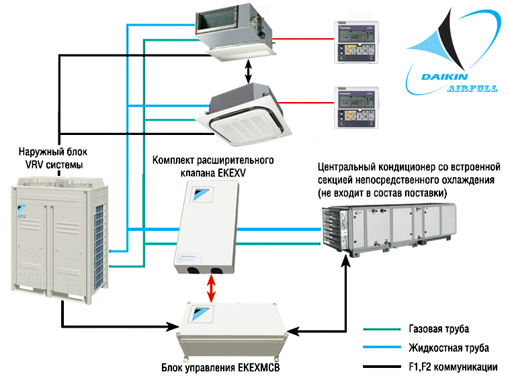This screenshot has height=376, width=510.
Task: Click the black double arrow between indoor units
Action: pos(249,70)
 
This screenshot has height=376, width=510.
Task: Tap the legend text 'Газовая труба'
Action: pos(437,330)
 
